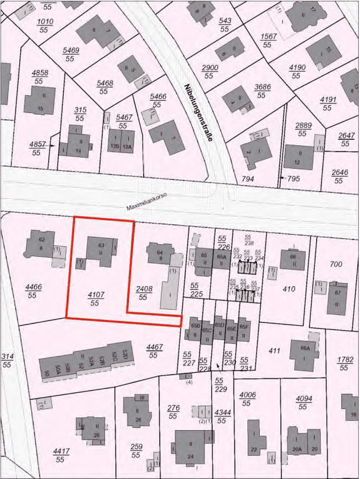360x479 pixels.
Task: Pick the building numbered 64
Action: coord(160,254)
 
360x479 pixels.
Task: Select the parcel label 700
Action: coord(336,264)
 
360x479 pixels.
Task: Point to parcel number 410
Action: coord(289,289)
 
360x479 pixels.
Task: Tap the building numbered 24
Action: coord(191,446)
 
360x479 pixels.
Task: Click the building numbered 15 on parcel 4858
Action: coord(40,100)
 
